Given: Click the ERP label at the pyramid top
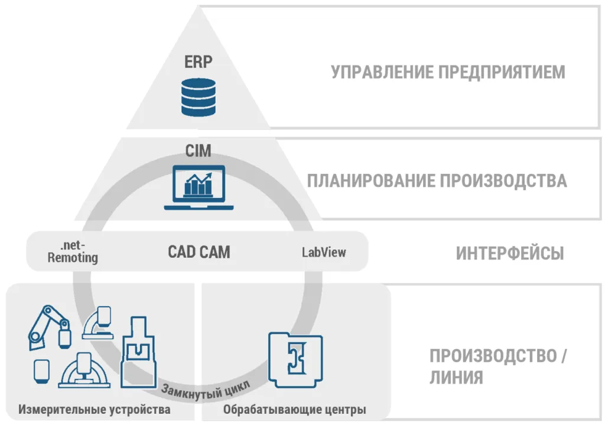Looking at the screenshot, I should coord(199,61).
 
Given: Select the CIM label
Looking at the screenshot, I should coord(198,151).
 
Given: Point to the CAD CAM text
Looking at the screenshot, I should coord(199,252).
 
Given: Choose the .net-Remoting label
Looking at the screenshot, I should coord(72,252).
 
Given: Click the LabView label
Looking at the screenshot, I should coord(324,252).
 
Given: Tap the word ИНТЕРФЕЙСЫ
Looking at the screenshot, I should coord(509,254).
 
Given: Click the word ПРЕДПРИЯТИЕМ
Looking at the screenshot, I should coord(502,72).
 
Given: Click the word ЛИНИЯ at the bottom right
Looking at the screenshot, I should coord(456,377).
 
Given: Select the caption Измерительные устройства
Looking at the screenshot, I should coord(95,410).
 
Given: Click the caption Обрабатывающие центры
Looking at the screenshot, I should coord(294,410).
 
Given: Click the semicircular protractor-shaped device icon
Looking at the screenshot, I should coord(85,369).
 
